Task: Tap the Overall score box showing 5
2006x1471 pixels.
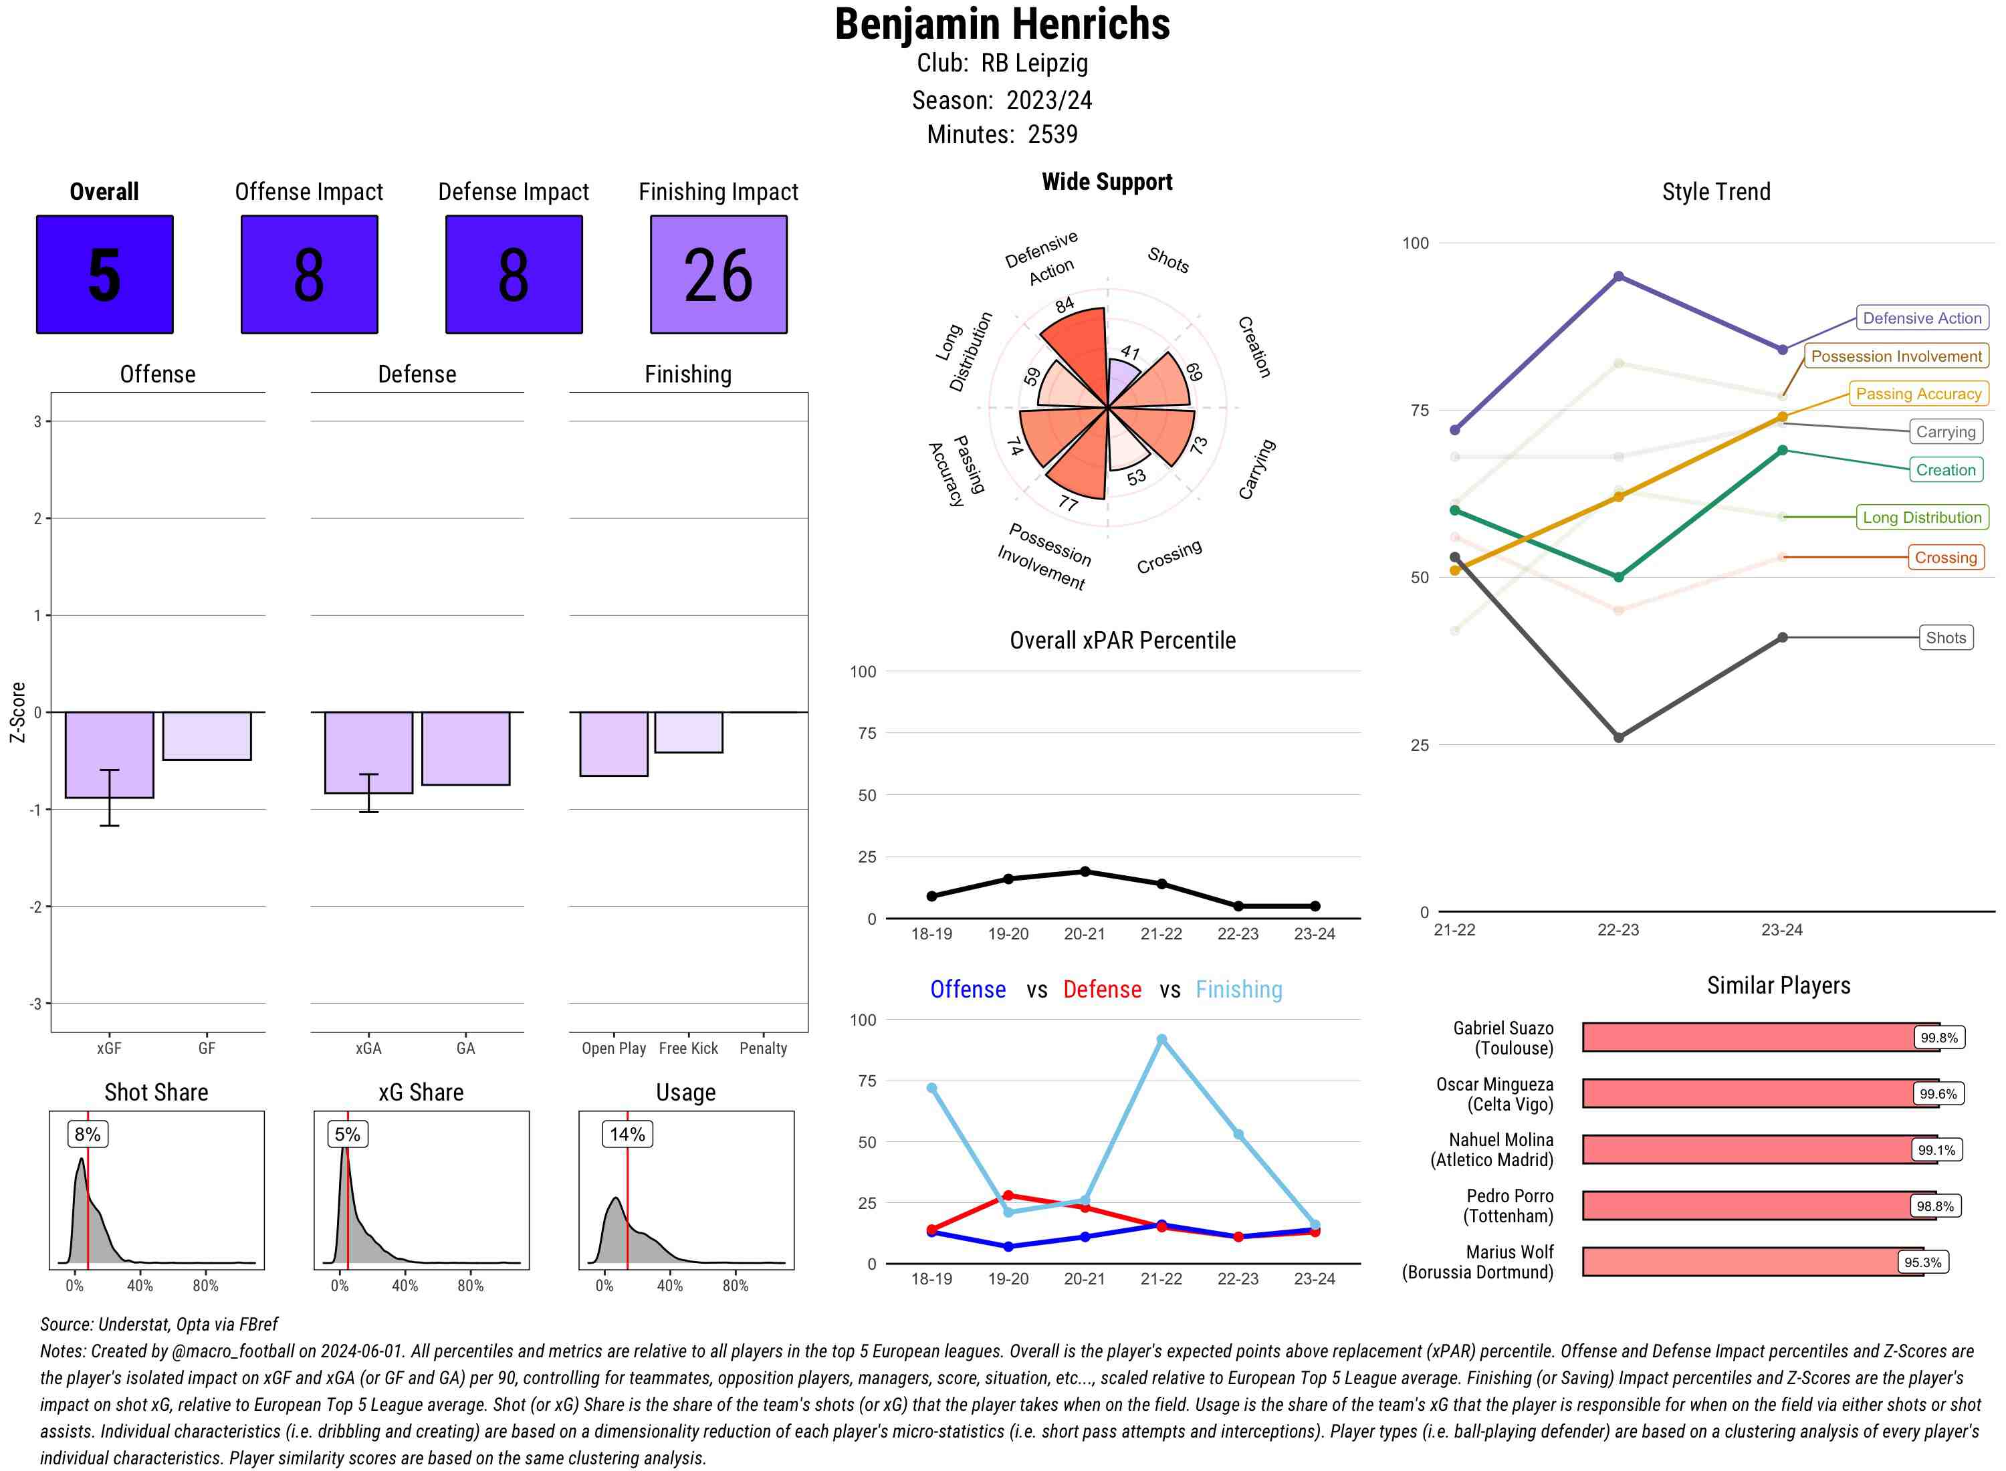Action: pyautogui.click(x=104, y=274)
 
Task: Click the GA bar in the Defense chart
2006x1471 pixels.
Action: pyautogui.click(x=465, y=748)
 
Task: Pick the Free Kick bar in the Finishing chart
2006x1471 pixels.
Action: pyautogui.click(x=688, y=732)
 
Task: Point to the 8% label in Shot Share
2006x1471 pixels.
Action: pyautogui.click(x=87, y=1133)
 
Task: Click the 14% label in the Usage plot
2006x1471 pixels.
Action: pyautogui.click(x=627, y=1133)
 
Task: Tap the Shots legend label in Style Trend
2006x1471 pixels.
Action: pyautogui.click(x=1945, y=638)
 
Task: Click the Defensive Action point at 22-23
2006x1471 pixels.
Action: pyautogui.click(x=1618, y=277)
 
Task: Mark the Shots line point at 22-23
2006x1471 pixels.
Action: pyautogui.click(x=1618, y=738)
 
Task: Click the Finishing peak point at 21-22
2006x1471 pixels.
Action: pyautogui.click(x=1161, y=1039)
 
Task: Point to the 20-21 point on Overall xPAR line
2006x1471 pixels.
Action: pyautogui.click(x=1085, y=872)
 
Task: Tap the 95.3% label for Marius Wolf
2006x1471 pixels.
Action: pyautogui.click(x=1922, y=1262)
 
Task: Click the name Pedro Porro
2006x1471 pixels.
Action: pyautogui.click(x=1509, y=1196)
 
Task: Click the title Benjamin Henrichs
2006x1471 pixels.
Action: pyautogui.click(x=1002, y=24)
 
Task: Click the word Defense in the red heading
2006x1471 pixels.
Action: pyautogui.click(x=1101, y=990)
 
